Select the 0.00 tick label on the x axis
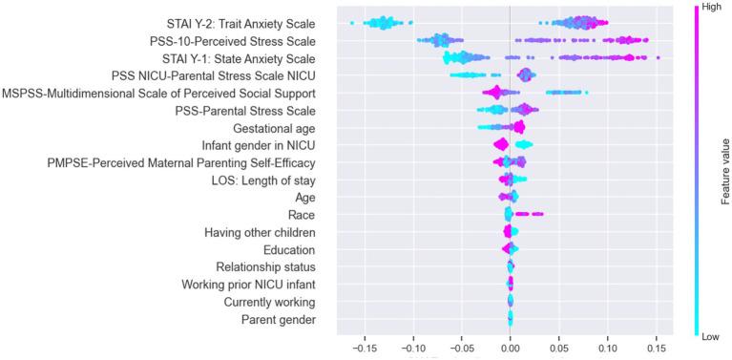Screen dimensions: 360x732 [510, 348]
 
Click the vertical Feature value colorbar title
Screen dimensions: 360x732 [724, 173]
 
